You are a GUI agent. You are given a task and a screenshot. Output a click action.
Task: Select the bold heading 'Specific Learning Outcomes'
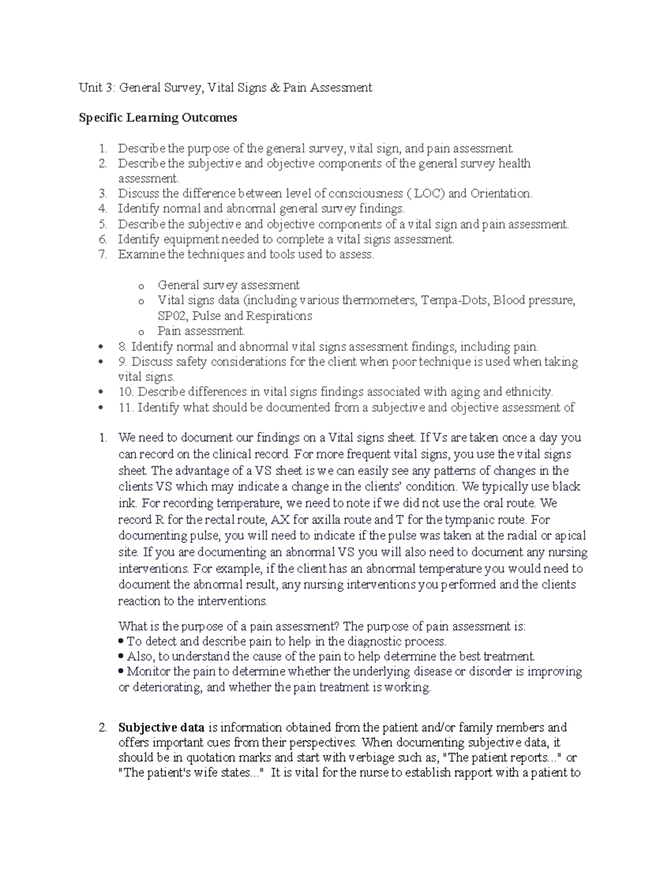158,118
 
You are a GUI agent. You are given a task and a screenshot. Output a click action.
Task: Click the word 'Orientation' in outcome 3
500,194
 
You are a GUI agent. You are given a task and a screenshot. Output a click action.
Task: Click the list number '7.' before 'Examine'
102,255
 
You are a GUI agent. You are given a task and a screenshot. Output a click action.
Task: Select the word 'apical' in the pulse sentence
570,536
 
